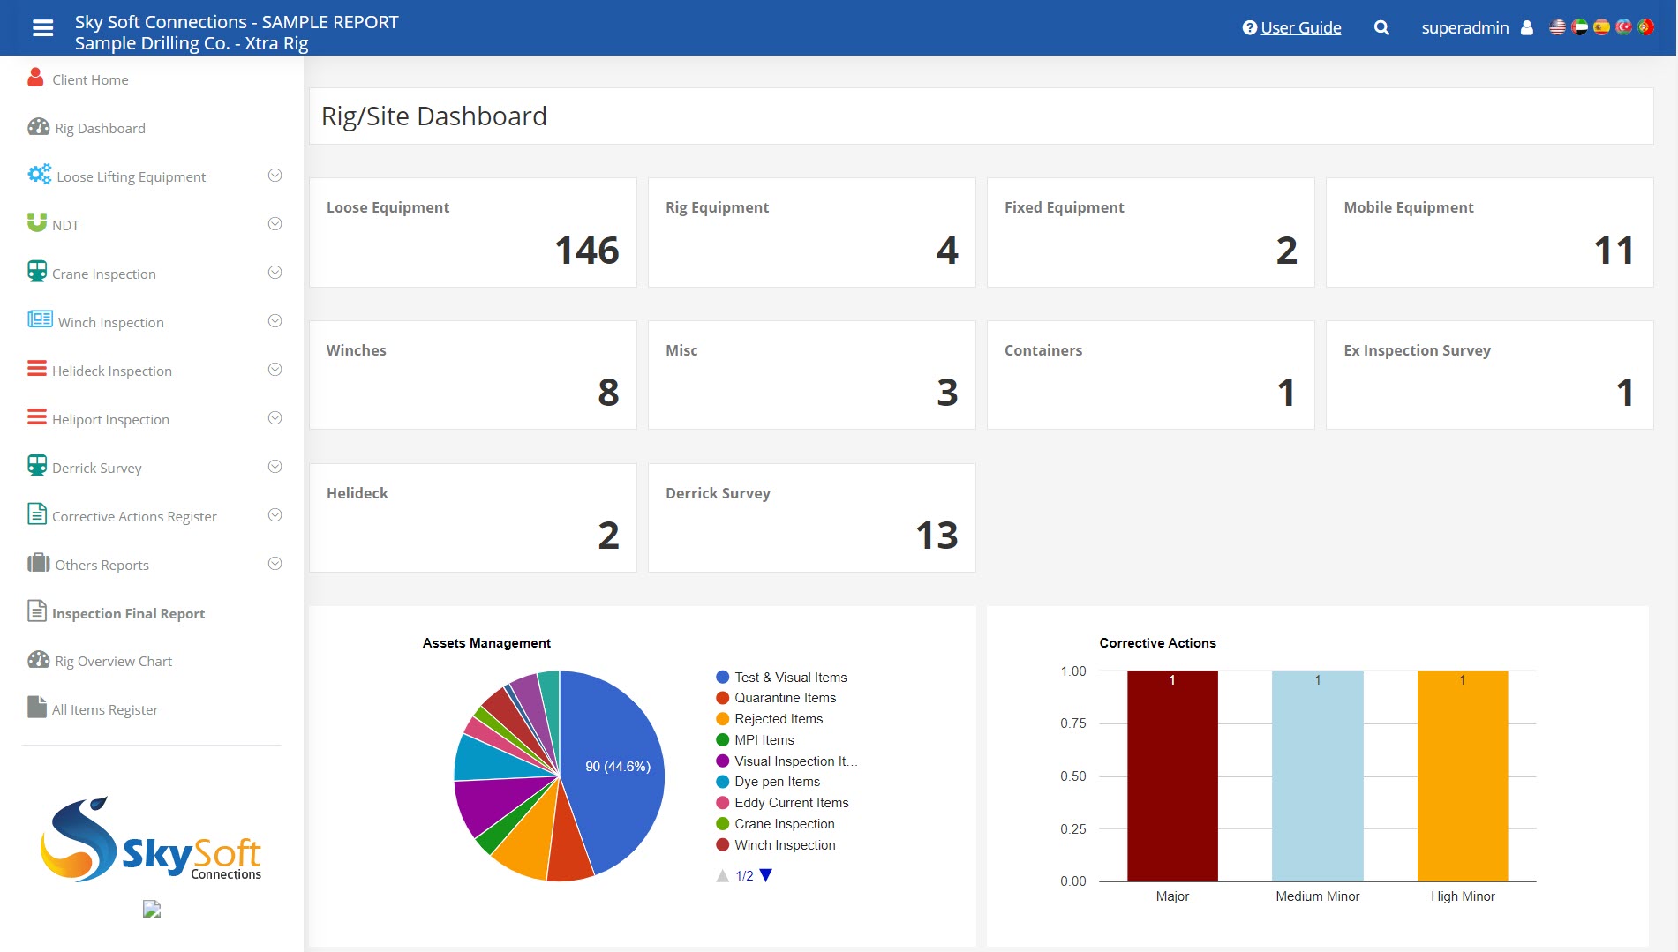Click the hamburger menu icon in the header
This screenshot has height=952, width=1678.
[42, 28]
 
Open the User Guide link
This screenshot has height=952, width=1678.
[1299, 27]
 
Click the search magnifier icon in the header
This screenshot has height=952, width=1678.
[1381, 28]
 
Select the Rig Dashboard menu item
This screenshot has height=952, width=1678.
[100, 128]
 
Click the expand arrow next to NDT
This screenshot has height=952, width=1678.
[275, 224]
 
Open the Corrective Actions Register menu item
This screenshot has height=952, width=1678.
[134, 516]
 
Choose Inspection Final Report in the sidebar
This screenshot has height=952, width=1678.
[128, 613]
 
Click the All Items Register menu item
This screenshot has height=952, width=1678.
[105, 709]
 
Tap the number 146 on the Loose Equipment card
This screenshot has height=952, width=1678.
[586, 251]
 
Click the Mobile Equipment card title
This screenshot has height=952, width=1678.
[1408, 207]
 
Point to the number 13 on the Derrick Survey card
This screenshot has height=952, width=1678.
[936, 536]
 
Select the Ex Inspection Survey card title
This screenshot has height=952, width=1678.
[1417, 350]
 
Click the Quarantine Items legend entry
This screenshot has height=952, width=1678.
[785, 698]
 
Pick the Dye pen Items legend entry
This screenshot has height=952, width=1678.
[777, 782]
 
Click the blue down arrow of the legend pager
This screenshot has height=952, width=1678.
[765, 875]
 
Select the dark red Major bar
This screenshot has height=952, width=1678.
[1171, 776]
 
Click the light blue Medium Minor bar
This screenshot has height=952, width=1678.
[1317, 776]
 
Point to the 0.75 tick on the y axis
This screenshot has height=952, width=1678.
[1072, 723]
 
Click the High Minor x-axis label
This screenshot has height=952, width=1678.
[1462, 896]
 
